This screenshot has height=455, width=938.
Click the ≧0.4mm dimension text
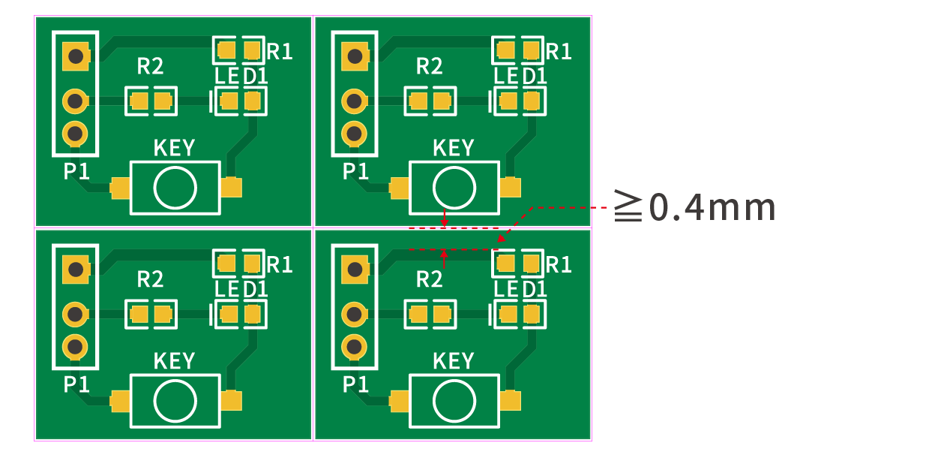coord(695,206)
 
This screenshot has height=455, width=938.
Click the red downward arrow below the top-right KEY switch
coord(445,218)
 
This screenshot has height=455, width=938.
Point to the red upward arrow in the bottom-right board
coord(445,259)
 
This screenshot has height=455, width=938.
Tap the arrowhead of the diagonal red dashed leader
coord(502,238)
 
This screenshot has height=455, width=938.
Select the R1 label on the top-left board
coord(280,52)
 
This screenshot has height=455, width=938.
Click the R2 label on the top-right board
coord(429,66)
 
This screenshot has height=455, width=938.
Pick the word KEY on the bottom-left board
coord(174,360)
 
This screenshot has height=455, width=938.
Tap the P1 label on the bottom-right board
coord(355,384)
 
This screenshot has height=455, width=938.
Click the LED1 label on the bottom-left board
coord(241,289)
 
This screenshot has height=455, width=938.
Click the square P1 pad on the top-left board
coord(76,56)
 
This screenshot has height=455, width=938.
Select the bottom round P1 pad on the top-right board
coord(354,134)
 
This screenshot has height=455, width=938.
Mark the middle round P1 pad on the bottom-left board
coord(76,314)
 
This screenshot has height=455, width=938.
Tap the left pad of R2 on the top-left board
coord(139,101)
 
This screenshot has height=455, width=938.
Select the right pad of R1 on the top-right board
coord(532,50)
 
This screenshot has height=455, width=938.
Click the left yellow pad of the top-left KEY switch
coord(120,188)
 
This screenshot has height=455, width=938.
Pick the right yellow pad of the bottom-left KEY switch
coord(231,400)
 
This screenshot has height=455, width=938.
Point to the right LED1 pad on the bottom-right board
coord(532,314)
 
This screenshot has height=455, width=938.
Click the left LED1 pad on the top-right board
coord(508,101)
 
